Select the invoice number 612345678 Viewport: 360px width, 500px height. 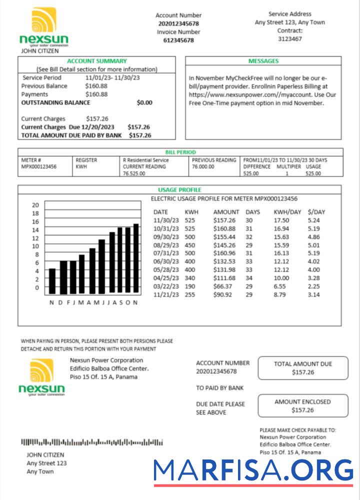tap(178, 40)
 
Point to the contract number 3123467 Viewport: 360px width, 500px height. tap(289, 38)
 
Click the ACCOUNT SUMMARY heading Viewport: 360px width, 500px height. tap(97, 61)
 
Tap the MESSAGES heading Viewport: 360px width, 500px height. tap(263, 61)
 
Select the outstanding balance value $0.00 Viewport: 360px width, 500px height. tap(144, 102)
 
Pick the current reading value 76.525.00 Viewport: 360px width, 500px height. tap(134, 173)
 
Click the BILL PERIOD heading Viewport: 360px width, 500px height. tap(180, 152)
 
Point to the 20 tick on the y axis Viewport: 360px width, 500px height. tap(35, 205)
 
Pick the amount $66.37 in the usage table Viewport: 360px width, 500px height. tap(222, 286)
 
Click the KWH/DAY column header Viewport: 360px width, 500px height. tap(287, 212)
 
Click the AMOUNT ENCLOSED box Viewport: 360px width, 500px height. tap(302, 405)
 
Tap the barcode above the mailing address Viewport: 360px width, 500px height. tap(91, 442)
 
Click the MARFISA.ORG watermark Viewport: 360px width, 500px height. tap(253, 471)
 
